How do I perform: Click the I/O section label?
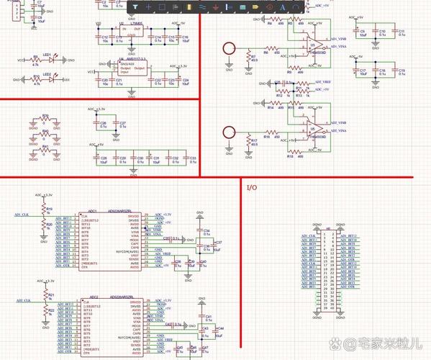(251, 187)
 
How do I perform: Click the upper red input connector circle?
(229, 48)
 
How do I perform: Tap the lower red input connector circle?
(229, 132)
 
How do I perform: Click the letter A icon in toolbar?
(294, 6)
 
